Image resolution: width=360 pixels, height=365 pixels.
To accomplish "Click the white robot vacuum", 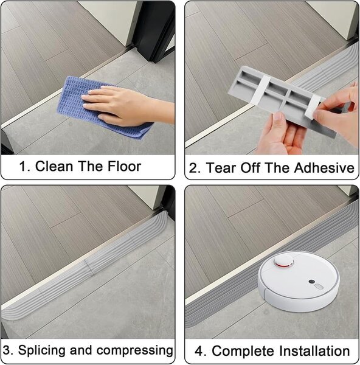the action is (x=299, y=281).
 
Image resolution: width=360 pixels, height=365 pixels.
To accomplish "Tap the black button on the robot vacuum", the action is (x=311, y=282).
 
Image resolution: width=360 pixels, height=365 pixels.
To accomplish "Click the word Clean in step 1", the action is (x=54, y=167).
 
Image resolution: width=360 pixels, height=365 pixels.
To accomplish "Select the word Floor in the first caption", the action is (x=124, y=167).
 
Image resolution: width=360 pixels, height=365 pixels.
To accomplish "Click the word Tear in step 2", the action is (x=221, y=168).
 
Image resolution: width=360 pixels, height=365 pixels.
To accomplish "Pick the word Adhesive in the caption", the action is (x=324, y=168).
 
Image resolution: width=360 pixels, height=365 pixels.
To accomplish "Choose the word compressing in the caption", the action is (x=135, y=351).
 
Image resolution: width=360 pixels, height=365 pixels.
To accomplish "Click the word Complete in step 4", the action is (x=243, y=351).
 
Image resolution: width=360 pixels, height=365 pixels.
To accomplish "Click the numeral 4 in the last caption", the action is (x=199, y=352).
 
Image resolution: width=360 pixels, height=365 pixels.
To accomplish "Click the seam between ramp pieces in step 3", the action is (x=89, y=267).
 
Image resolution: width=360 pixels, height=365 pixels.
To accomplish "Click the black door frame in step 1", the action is (x=154, y=30).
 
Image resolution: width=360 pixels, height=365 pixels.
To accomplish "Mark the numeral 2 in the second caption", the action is (x=193, y=168).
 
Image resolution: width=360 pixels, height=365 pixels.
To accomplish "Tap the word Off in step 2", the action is (x=250, y=168).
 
